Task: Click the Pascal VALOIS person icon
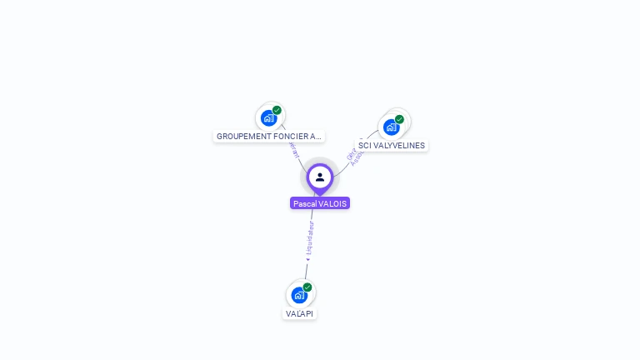[x=320, y=177]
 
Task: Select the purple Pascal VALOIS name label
[x=320, y=203]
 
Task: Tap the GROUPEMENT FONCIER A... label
[x=268, y=136]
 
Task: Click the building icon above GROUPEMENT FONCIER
[x=268, y=117]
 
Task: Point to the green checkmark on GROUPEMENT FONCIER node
[x=277, y=110]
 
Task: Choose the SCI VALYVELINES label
[x=391, y=145]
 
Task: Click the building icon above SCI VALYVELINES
[x=391, y=127]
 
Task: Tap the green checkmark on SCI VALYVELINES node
[x=399, y=119]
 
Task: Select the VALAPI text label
[x=300, y=314]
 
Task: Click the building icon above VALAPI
[x=299, y=295]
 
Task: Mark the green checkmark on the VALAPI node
[x=307, y=287]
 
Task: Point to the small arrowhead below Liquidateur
[x=307, y=258]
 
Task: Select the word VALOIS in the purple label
[x=332, y=203]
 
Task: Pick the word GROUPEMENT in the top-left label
[x=243, y=136]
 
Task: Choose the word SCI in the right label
[x=365, y=145]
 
